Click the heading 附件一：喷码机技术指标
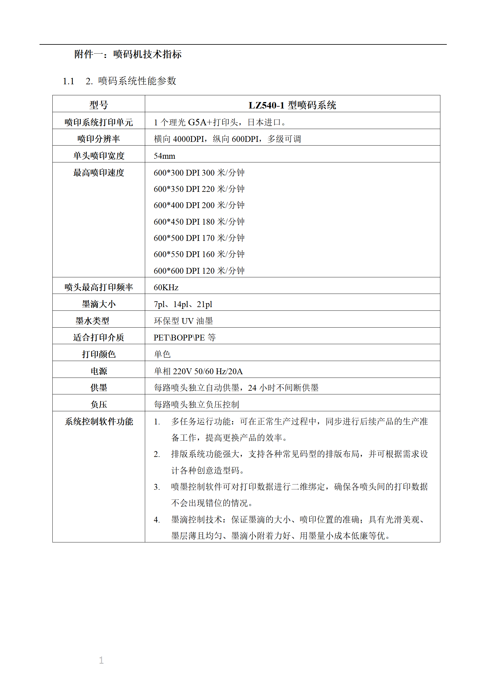point(128,54)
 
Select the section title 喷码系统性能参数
point(137,81)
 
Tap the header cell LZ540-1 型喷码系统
point(292,105)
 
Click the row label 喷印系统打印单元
point(99,122)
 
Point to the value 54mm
point(164,156)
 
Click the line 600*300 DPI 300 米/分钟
point(199,173)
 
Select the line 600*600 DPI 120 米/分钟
point(199,271)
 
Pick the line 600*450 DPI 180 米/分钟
point(199,222)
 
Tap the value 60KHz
point(166,287)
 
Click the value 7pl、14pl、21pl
point(183,304)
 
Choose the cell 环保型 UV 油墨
point(183,321)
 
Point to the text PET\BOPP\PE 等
point(184,337)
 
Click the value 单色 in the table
point(162,354)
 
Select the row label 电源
point(99,371)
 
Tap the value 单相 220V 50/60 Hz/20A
point(198,371)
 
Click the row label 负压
point(99,405)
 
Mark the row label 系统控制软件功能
point(99,421)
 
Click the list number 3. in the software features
point(157,487)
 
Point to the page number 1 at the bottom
point(101,660)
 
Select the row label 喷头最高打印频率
point(99,287)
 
